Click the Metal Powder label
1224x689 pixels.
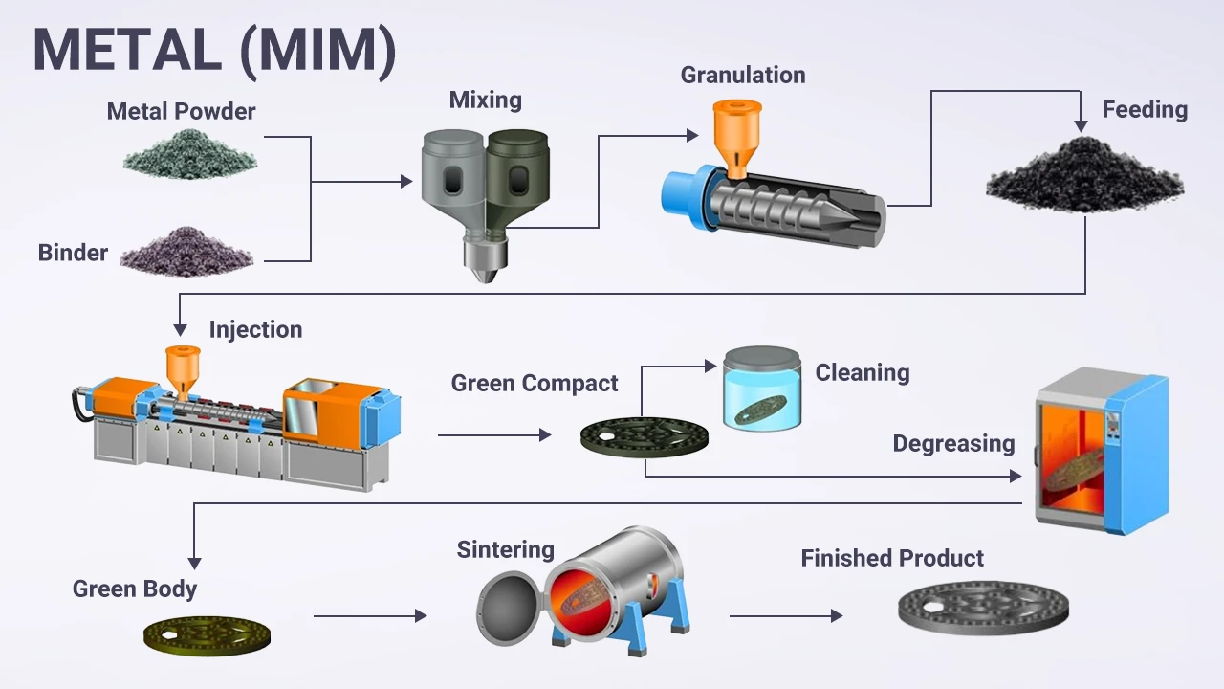point(181,111)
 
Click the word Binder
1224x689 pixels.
point(73,253)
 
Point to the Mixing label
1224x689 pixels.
point(485,100)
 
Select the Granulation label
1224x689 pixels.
point(742,75)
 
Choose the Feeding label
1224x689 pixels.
point(1144,109)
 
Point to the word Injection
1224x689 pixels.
point(255,330)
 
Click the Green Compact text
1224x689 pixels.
point(535,384)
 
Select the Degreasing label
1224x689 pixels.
point(953,444)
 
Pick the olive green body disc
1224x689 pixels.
point(207,633)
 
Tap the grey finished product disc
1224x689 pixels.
point(983,607)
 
